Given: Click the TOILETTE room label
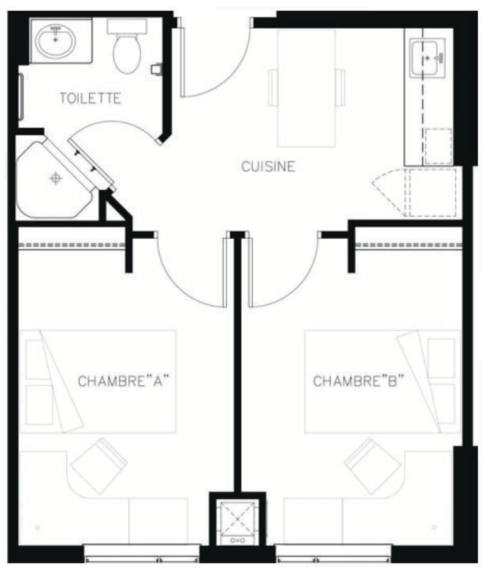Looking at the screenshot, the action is [x=90, y=98].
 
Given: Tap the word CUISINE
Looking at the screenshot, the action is [x=268, y=166].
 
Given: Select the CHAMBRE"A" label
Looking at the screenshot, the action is [x=124, y=381].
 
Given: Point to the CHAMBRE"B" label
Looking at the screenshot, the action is [x=358, y=381].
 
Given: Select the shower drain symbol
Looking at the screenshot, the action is [x=56, y=178].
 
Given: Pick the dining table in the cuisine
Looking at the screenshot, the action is [x=306, y=88].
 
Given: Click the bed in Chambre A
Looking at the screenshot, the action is [x=98, y=381].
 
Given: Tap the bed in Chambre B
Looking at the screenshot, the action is [x=383, y=381].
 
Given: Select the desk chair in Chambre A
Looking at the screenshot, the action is [x=99, y=466].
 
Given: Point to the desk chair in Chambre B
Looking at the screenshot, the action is [x=373, y=466].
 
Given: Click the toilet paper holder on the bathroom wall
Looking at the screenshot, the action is [x=157, y=69].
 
